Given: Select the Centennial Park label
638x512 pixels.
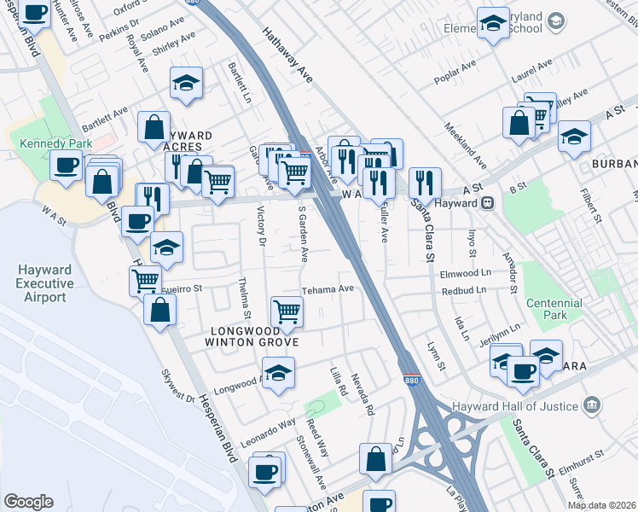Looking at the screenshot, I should point(554,309).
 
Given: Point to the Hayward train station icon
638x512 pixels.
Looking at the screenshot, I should point(488,203).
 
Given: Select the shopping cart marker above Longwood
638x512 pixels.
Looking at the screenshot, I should point(287,311).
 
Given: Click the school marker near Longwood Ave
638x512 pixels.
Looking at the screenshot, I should point(278,372).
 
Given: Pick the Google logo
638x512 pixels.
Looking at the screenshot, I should point(28,502).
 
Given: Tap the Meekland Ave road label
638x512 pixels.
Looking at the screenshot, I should point(466,144).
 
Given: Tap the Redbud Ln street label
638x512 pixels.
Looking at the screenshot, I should point(464,290).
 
